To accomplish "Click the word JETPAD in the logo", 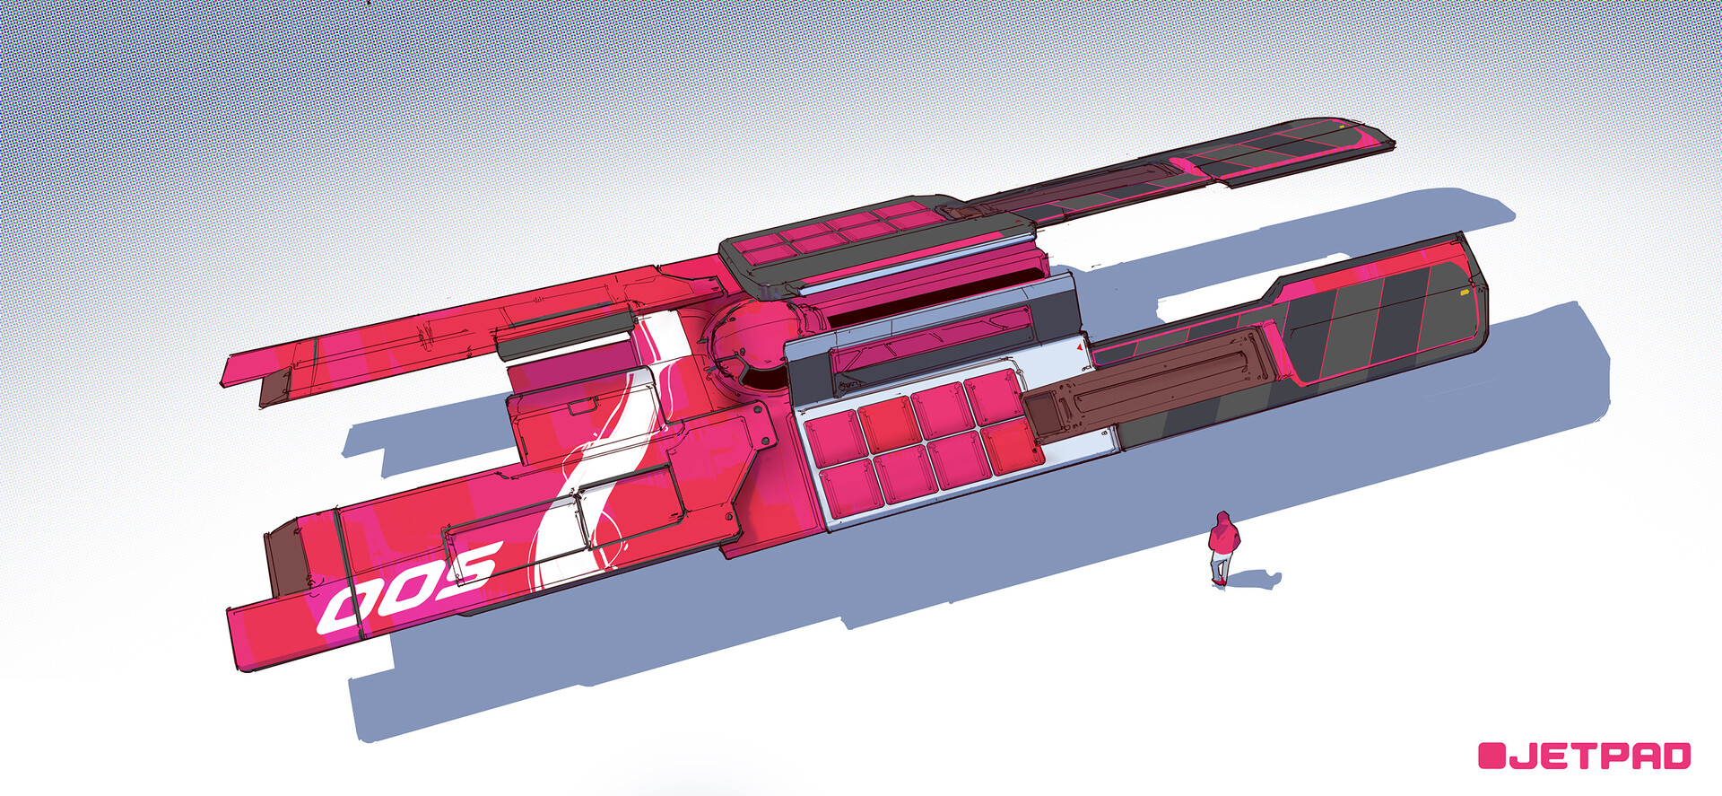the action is (1600, 756).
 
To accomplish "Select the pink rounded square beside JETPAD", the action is (1492, 756).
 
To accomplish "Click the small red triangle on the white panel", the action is (1079, 346).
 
